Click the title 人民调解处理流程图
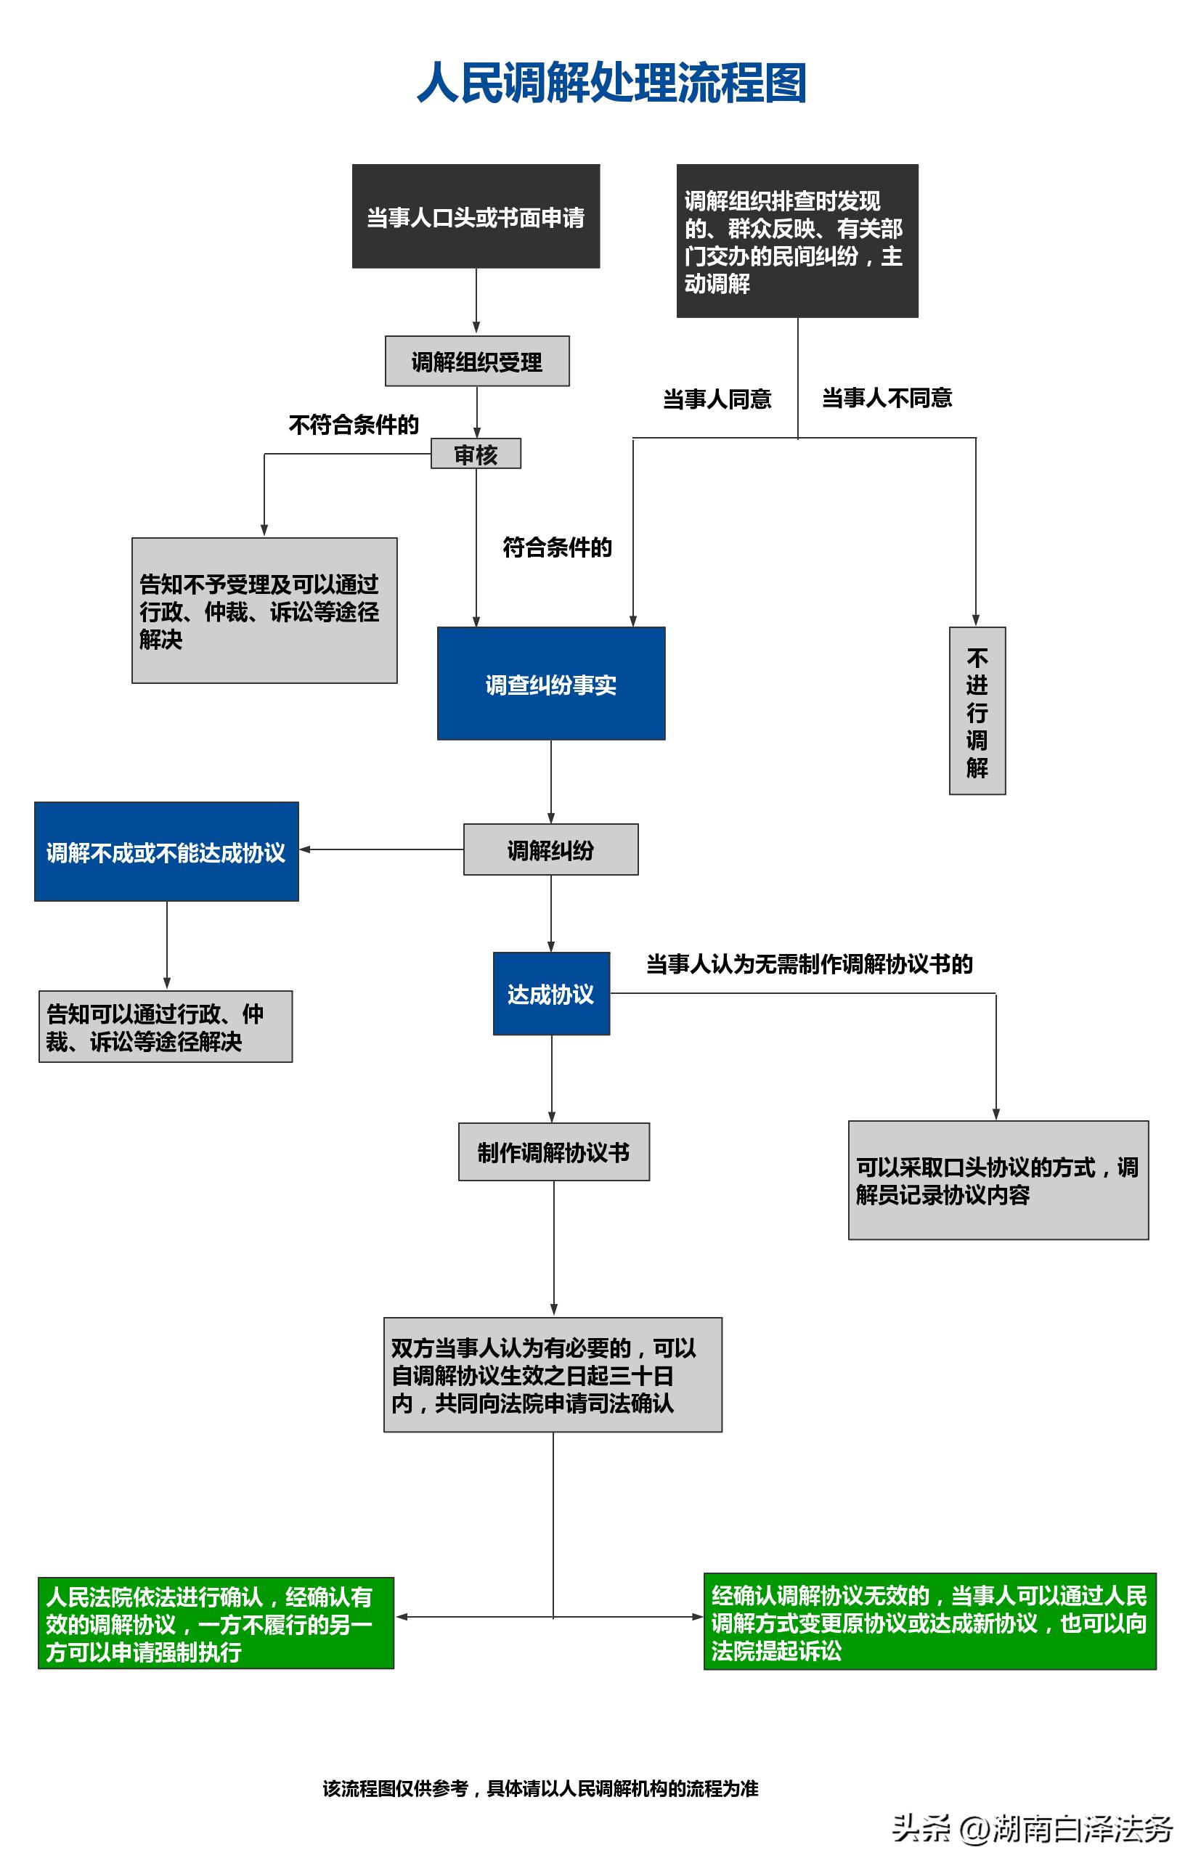click(x=611, y=83)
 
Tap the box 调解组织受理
click(x=476, y=361)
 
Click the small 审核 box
click(x=476, y=454)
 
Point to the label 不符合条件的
click(x=354, y=424)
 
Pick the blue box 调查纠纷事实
click(x=550, y=684)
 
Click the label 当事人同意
click(x=717, y=399)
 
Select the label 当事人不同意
click(x=887, y=399)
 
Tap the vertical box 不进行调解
click(x=977, y=711)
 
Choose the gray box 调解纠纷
click(x=550, y=849)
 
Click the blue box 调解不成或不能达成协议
click(x=166, y=852)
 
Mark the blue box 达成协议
click(x=551, y=994)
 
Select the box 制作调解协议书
click(x=554, y=1152)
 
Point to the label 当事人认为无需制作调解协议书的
click(x=809, y=964)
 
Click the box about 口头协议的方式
click(x=998, y=1181)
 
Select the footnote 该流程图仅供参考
click(x=540, y=1788)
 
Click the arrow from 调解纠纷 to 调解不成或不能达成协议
click(x=382, y=849)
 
